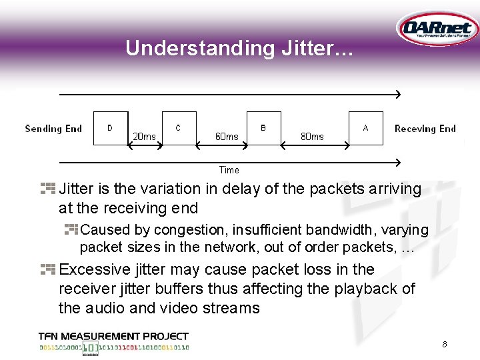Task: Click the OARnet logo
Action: coord(436,29)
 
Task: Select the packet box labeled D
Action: coord(111,128)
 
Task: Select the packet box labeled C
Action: coord(179,128)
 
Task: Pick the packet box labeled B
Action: coord(263,128)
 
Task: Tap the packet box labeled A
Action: coord(366,128)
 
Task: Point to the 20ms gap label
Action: coord(144,137)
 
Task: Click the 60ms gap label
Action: coord(227,137)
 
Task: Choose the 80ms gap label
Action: coord(312,137)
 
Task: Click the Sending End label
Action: coord(53,129)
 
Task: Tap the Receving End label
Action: coord(425,129)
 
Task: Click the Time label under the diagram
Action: coord(229,170)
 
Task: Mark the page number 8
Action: coord(444,345)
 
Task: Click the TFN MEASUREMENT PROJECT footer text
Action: coord(113,337)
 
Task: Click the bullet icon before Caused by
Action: coord(71,229)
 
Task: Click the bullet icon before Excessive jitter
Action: coord(48,269)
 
